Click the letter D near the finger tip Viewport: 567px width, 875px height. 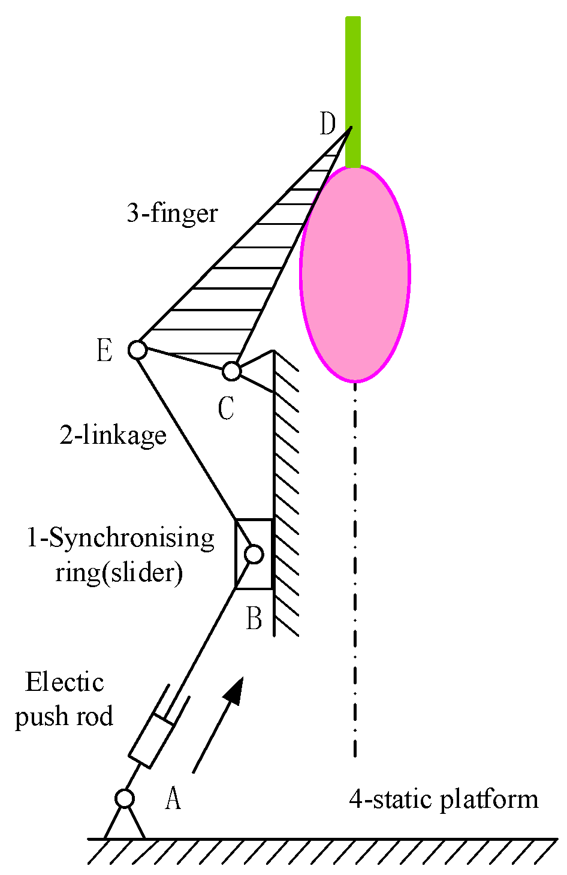click(x=327, y=124)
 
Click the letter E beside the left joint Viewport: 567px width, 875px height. click(x=104, y=350)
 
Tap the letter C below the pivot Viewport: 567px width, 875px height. click(x=226, y=409)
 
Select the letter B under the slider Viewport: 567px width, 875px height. click(x=254, y=618)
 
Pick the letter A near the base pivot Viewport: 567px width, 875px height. click(x=173, y=798)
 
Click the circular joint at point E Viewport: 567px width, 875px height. click(x=137, y=349)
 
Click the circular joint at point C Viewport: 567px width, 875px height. click(x=231, y=371)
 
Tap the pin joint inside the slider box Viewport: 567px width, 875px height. click(x=254, y=554)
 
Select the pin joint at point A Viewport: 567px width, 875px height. click(x=125, y=798)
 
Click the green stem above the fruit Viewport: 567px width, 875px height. click(x=353, y=90)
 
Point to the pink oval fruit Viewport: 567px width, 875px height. click(x=355, y=273)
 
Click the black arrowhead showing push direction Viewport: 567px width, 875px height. click(x=234, y=690)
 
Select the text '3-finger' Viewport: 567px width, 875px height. click(x=172, y=213)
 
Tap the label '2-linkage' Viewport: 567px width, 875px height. click(x=113, y=435)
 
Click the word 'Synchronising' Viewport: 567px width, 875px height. click(x=131, y=538)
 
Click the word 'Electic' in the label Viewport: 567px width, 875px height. click(x=65, y=682)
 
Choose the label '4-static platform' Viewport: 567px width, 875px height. click(x=444, y=799)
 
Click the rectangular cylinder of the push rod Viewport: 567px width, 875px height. click(x=152, y=739)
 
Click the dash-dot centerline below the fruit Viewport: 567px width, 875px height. click(x=355, y=570)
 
